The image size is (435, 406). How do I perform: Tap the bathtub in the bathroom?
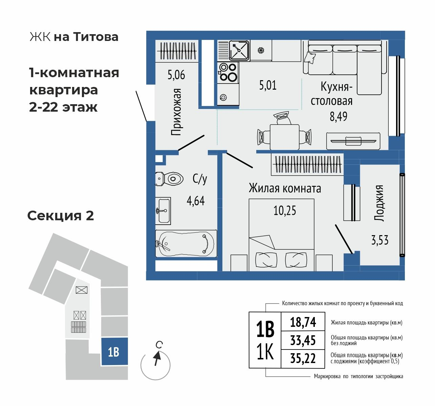186,243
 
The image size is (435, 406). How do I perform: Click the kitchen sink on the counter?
239,50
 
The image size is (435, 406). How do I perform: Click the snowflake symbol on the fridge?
261,50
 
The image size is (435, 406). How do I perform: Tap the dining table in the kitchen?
284,137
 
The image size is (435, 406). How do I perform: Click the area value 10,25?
285,210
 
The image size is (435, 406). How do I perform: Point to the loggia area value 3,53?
379,241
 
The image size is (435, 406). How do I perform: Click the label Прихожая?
176,112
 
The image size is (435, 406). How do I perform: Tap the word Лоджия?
379,203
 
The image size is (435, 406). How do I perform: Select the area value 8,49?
339,116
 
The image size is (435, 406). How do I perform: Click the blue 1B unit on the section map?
114,352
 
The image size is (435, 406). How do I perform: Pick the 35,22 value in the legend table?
303,358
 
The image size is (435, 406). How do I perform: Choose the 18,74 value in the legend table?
303,322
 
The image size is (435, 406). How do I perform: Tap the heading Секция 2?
61,215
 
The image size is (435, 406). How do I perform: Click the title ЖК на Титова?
74,37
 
